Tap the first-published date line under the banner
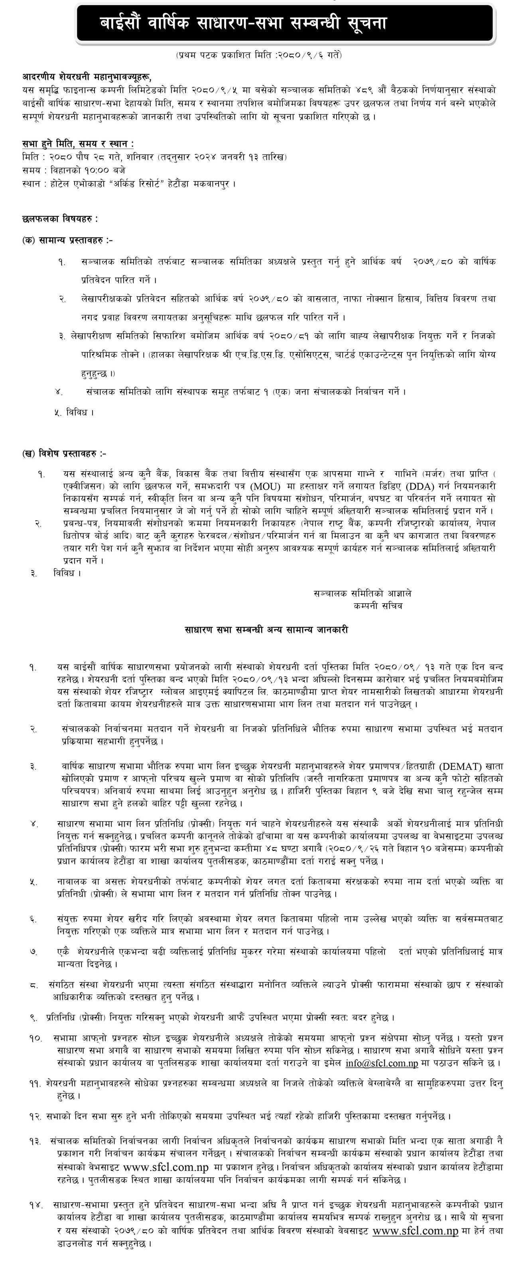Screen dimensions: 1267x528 pos(258,55)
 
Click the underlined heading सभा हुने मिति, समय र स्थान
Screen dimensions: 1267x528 pos(78,144)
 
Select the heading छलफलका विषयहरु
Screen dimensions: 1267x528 pos(60,218)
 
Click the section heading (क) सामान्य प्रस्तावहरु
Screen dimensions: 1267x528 pos(67,240)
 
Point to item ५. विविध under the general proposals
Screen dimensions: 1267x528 pos(74,413)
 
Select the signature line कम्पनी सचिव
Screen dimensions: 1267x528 pos(378,606)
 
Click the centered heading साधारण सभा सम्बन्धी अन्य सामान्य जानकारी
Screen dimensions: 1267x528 pos(266,630)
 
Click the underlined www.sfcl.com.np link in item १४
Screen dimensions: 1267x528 pos(415,1231)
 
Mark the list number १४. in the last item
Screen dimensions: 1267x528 pos(35,1206)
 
